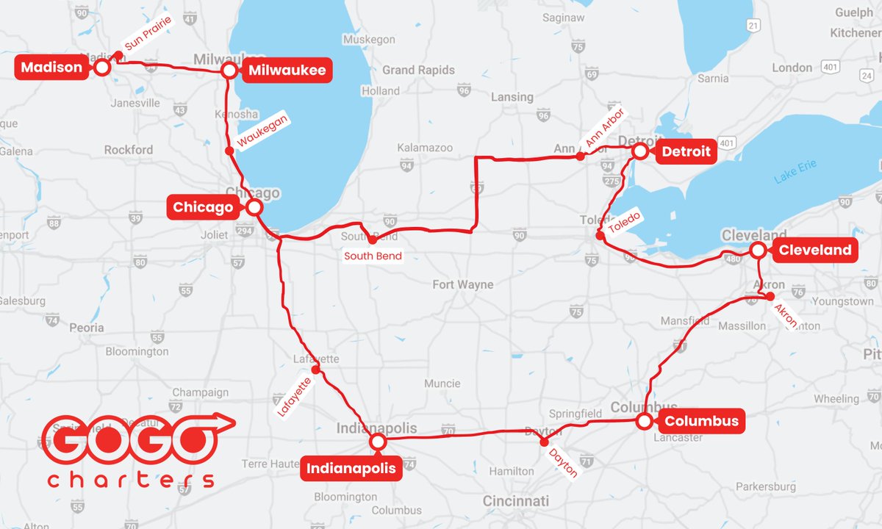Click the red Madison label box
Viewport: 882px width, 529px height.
[x=51, y=68]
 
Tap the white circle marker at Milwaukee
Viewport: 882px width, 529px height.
[x=229, y=71]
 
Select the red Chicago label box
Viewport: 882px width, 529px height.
[x=203, y=207]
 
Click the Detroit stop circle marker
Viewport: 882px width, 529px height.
[x=640, y=151]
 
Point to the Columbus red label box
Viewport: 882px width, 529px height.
[x=701, y=422]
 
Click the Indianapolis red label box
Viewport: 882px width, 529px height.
[x=351, y=467]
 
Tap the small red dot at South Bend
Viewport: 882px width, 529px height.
[x=372, y=240]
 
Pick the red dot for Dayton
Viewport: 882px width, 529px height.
[x=544, y=442]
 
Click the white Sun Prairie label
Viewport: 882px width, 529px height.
[x=147, y=34]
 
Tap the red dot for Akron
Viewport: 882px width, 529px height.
[x=770, y=297]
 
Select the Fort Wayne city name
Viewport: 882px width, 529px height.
[x=462, y=284]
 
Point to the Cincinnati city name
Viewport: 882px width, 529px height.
[x=515, y=501]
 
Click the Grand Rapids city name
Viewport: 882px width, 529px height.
[x=418, y=71]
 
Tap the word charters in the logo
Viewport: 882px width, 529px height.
[x=131, y=480]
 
